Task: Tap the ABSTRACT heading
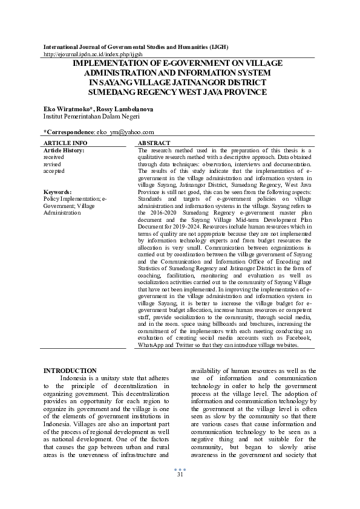coord(154,143)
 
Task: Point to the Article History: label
coord(64,150)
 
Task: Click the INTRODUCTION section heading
coord(70,371)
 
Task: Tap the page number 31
coord(180,475)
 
